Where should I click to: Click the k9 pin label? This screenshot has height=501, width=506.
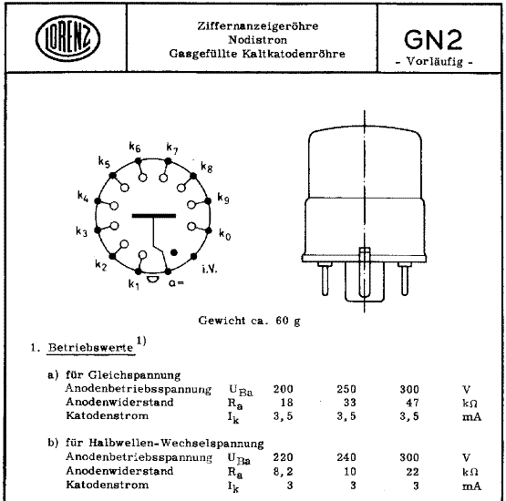[x=223, y=198]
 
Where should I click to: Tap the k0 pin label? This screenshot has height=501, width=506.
[x=224, y=234]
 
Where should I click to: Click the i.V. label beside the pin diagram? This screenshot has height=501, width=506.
[x=208, y=270]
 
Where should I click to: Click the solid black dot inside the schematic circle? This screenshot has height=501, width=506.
[x=174, y=251]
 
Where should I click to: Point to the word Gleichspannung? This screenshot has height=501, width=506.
[x=141, y=374]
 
